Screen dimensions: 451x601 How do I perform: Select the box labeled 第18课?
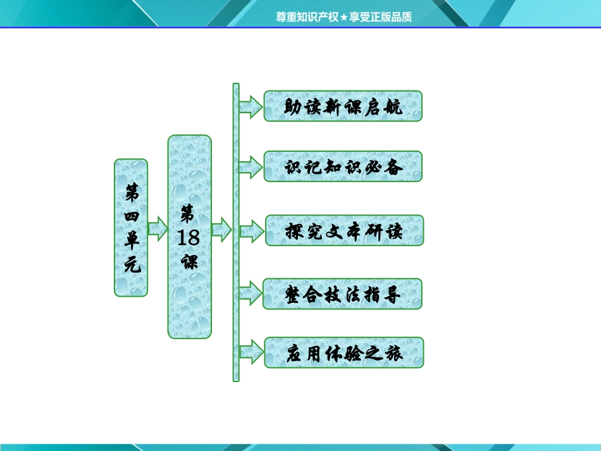pos(189,237)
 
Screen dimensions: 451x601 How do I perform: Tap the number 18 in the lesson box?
pos(189,237)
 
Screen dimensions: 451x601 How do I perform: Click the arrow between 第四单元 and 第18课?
pos(157,227)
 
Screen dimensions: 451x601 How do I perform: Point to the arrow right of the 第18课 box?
pos(221,228)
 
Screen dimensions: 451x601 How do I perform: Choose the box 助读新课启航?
pos(343,106)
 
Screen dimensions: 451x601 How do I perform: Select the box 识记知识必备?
pos(343,167)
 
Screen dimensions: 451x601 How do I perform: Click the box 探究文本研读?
pos(344,231)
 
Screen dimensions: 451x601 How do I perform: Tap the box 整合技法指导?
pos(343,295)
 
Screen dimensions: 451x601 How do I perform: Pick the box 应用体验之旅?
pos(344,353)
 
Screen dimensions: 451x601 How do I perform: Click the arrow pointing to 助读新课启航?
pos(251,106)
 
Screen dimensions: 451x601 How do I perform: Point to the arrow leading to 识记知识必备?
pos(251,167)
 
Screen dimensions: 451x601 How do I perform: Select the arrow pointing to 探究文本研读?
pos(251,231)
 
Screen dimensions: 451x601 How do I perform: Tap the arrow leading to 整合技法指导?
pos(251,295)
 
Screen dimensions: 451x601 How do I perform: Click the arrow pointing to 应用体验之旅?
pos(251,353)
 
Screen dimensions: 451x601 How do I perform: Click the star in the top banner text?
pos(344,17)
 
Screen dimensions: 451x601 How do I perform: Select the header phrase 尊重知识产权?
pos(307,17)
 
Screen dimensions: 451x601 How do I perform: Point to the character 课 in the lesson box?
pos(189,261)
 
